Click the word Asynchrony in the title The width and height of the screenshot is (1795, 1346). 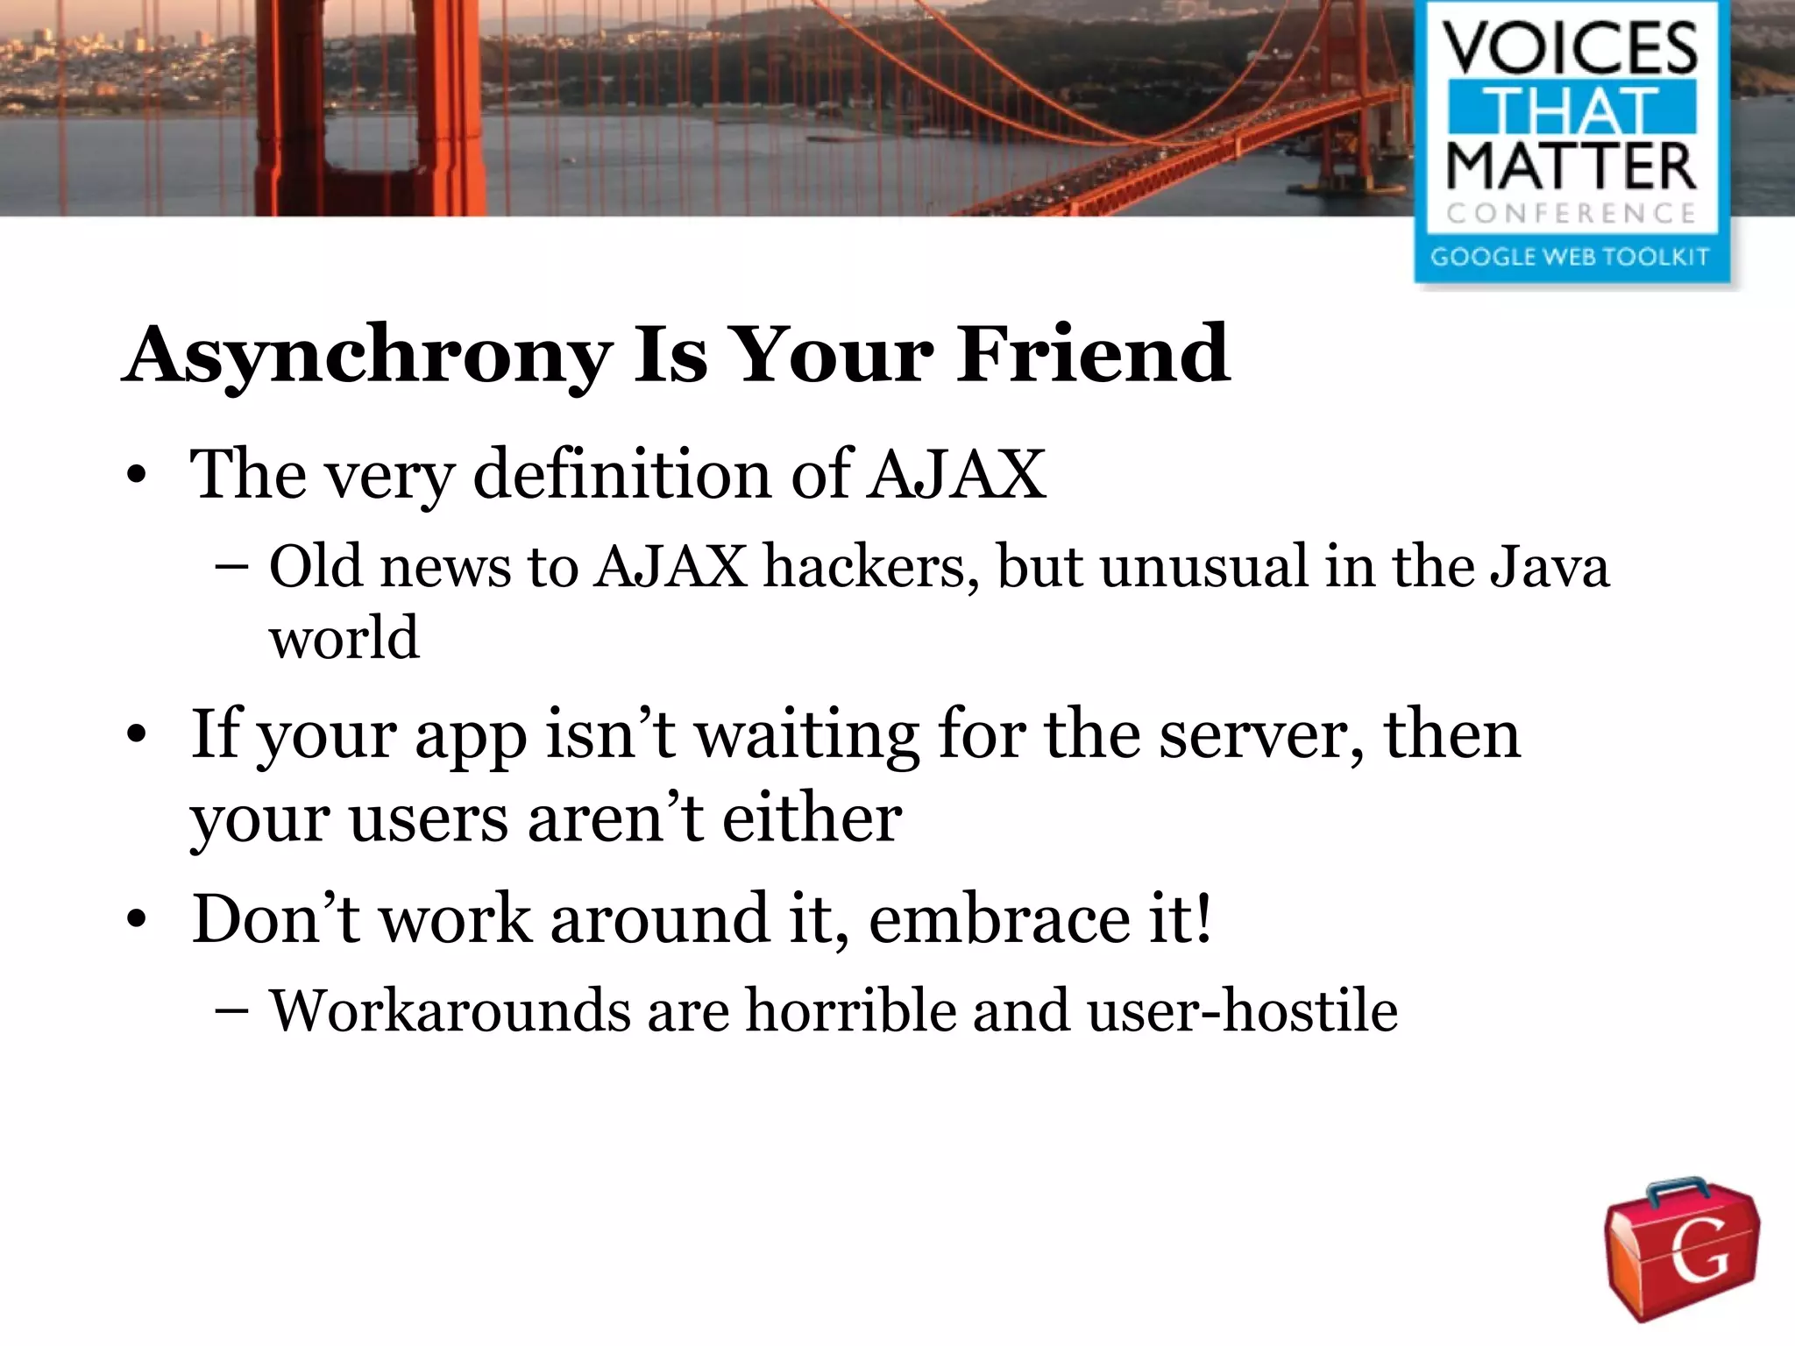368,355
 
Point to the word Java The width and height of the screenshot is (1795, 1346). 1549,566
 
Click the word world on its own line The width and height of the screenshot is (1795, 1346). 344,637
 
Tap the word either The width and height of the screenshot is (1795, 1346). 812,818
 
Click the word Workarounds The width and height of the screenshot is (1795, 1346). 450,1010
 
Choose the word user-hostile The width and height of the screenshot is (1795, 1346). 1242,1010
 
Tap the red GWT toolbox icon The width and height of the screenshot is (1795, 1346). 1681,1248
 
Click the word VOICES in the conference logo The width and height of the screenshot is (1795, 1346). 1570,48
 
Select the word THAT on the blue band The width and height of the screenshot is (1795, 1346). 1570,109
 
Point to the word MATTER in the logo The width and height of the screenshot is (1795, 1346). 1570,166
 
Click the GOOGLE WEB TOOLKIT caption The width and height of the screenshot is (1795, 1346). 1570,257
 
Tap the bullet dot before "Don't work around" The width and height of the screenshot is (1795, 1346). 136,921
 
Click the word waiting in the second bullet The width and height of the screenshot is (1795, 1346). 807,734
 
